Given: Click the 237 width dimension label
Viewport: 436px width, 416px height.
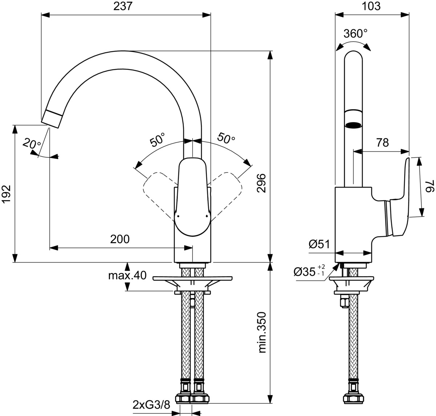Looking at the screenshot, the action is [x=123, y=7].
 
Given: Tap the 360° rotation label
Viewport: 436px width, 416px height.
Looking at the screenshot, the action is [x=355, y=34].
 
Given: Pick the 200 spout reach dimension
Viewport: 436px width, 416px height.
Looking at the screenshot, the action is [x=120, y=239].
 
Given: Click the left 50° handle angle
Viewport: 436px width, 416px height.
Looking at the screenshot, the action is [x=157, y=140].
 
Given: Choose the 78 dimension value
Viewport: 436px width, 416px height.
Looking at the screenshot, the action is [x=382, y=143].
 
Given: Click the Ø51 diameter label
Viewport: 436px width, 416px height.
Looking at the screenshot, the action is [x=319, y=244].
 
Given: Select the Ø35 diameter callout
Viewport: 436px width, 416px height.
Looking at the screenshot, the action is [x=309, y=271].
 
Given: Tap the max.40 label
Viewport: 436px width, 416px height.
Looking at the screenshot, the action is [x=127, y=276].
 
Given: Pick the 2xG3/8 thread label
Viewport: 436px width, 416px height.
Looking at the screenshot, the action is [x=152, y=405].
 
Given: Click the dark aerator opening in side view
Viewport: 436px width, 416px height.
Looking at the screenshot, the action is [x=354, y=125].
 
